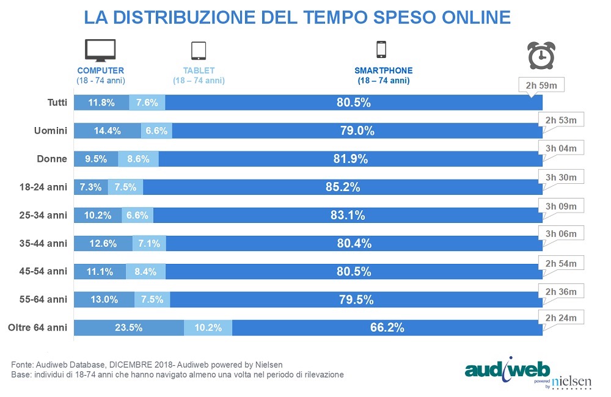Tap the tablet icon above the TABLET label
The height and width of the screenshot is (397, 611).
(199, 51)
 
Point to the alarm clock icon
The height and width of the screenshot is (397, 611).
(540, 55)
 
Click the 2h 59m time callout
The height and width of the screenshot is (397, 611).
(540, 85)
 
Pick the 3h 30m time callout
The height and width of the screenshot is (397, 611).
(560, 177)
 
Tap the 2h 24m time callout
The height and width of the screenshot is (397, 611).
(560, 318)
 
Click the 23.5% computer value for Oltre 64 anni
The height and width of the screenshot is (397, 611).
(128, 327)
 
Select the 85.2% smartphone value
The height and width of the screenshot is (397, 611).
(343, 187)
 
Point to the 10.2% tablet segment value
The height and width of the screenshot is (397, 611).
(208, 327)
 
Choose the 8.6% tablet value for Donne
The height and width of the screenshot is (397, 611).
(138, 159)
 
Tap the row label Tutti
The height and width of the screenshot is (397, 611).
(57, 103)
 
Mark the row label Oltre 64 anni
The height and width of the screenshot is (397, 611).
(37, 327)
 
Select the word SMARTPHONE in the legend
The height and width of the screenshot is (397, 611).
(383, 71)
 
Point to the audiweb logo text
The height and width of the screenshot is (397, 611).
(507, 370)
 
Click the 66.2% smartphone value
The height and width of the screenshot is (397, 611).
(387, 327)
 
